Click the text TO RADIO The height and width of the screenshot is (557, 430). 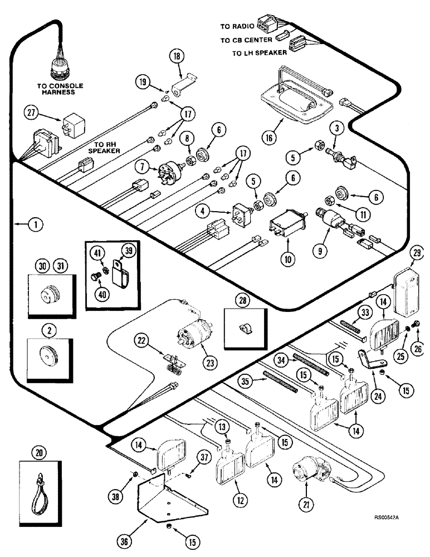(x=237, y=27)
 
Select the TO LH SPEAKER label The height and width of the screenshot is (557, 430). (x=261, y=52)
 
